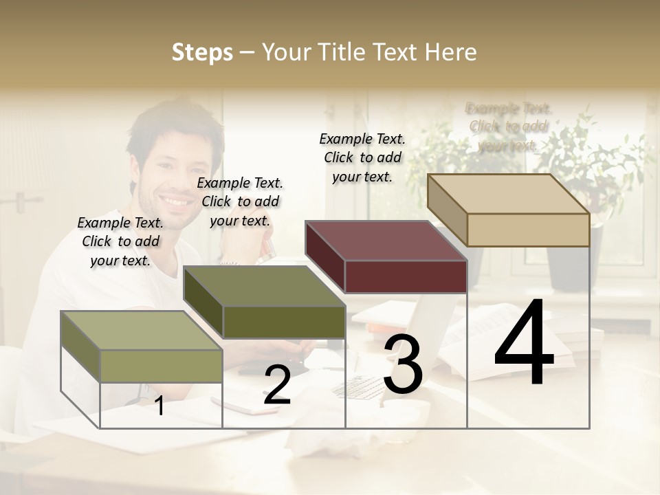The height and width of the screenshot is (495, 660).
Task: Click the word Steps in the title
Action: [202, 52]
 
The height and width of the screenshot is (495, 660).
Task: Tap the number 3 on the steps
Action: [403, 365]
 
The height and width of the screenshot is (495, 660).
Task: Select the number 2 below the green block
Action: [277, 386]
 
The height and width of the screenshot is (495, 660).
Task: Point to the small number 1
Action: [159, 406]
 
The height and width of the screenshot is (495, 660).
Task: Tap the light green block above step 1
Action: [141, 331]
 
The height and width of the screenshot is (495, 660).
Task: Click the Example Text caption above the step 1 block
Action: [120, 241]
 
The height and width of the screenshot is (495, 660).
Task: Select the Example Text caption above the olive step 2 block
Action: [240, 201]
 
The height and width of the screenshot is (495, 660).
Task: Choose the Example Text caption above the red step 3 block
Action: [362, 157]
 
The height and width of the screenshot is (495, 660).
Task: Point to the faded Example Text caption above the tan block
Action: [508, 126]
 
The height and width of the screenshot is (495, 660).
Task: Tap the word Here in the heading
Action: [451, 52]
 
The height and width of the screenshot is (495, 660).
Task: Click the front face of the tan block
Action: [528, 230]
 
